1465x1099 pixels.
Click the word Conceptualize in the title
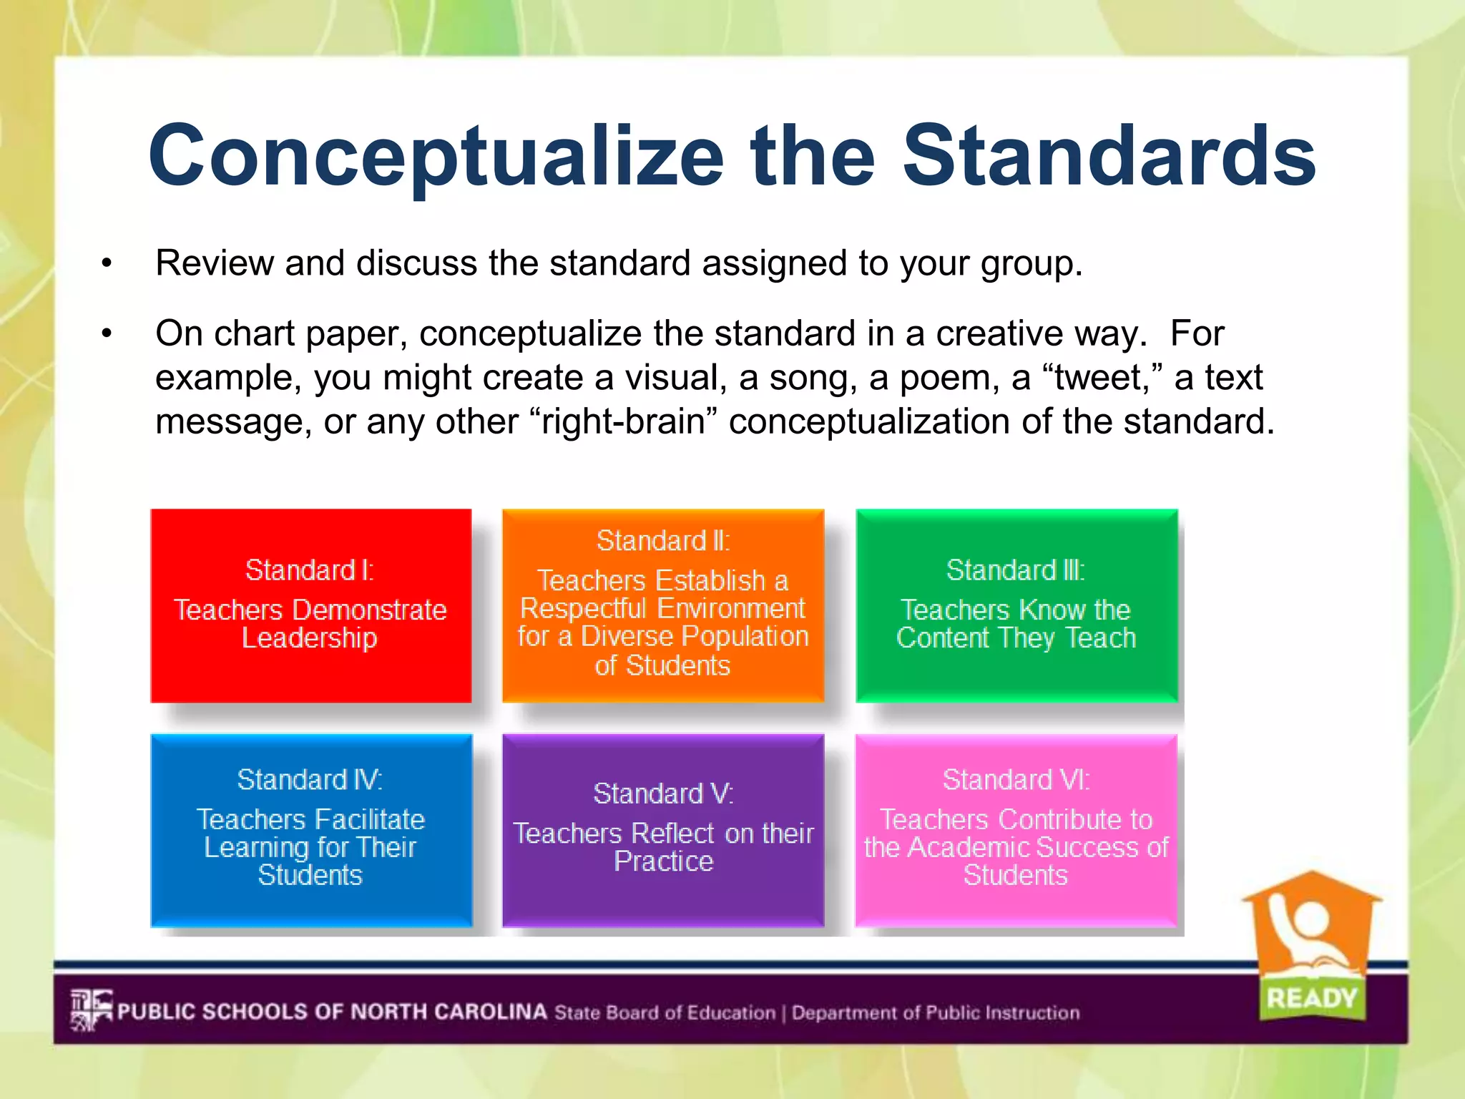pyautogui.click(x=436, y=156)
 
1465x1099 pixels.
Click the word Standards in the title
pyautogui.click(x=1109, y=156)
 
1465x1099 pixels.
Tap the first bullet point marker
pyautogui.click(x=107, y=264)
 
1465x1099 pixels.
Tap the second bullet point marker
pyautogui.click(x=107, y=334)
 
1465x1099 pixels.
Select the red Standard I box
pyautogui.click(x=310, y=605)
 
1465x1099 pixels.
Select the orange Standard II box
pyautogui.click(x=663, y=605)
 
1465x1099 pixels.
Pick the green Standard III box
pyautogui.click(x=1016, y=605)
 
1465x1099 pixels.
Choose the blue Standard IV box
pyautogui.click(x=310, y=830)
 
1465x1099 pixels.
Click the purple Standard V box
pyautogui.click(x=663, y=830)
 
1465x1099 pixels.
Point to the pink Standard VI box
pyautogui.click(x=1016, y=830)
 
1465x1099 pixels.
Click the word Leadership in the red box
pyautogui.click(x=309, y=638)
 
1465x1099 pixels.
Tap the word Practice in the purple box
pyautogui.click(x=663, y=861)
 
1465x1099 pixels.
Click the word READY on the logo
pyautogui.click(x=1311, y=997)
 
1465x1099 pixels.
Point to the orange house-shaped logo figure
pyautogui.click(x=1310, y=930)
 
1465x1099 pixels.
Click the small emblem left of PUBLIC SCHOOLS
pyautogui.click(x=91, y=1010)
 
